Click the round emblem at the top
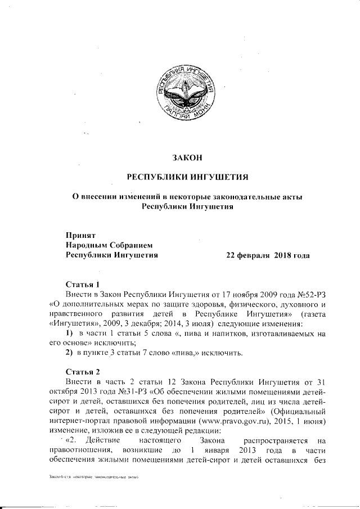tap(186, 89)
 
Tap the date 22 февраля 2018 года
tap(267, 255)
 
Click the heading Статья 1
tap(83, 283)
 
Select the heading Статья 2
tap(83, 372)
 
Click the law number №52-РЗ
tap(310, 294)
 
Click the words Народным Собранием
tap(109, 245)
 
